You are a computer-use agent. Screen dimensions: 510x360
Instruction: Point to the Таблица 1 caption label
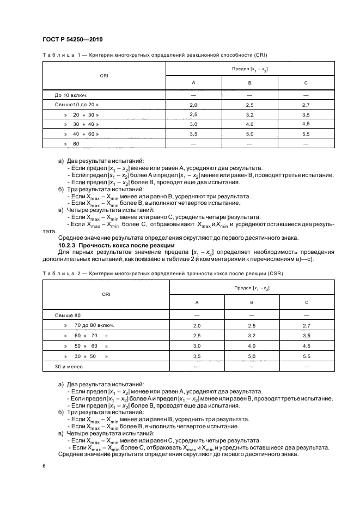click(x=58, y=55)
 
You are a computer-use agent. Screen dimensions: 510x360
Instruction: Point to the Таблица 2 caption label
click(x=58, y=273)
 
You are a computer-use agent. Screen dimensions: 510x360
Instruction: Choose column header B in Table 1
click(x=249, y=82)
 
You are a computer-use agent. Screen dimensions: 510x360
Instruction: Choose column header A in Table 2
click(x=197, y=302)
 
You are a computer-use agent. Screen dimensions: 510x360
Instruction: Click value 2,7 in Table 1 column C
click(x=306, y=104)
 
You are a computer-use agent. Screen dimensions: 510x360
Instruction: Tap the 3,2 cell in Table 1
click(x=249, y=114)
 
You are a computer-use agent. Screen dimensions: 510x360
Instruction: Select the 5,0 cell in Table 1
click(x=249, y=134)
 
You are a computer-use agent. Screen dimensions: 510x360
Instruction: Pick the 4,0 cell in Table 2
click(x=252, y=346)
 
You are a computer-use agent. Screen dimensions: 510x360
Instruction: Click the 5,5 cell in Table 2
click(x=306, y=356)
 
